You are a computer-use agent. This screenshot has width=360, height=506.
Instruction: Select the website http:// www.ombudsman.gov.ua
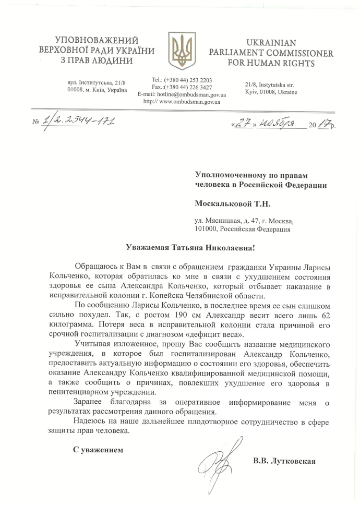(182, 102)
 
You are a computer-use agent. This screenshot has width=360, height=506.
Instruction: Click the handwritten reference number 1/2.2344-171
(78, 122)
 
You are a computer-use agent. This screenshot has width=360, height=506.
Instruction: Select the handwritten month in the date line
(275, 124)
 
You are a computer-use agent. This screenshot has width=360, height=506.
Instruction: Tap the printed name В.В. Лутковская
(284, 461)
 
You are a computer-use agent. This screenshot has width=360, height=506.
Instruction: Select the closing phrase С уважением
(98, 449)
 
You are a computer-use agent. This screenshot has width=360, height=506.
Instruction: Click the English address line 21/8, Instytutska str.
(269, 85)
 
